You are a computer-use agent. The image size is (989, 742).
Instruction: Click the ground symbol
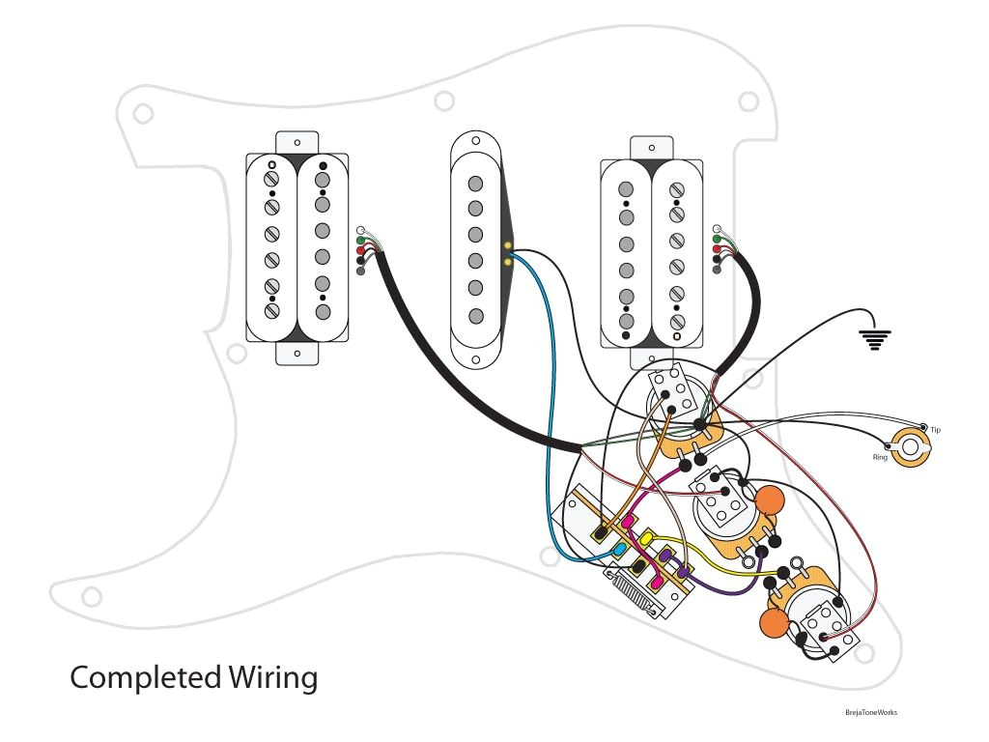point(876,337)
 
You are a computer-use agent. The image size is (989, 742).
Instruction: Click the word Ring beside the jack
point(880,456)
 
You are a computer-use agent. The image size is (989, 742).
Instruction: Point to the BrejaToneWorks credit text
point(870,713)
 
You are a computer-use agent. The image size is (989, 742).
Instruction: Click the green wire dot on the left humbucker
point(361,240)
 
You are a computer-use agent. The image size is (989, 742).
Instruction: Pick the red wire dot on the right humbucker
point(717,248)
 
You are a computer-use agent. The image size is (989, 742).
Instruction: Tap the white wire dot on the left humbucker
point(361,229)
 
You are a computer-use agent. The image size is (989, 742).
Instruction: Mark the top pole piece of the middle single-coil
point(475,185)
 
